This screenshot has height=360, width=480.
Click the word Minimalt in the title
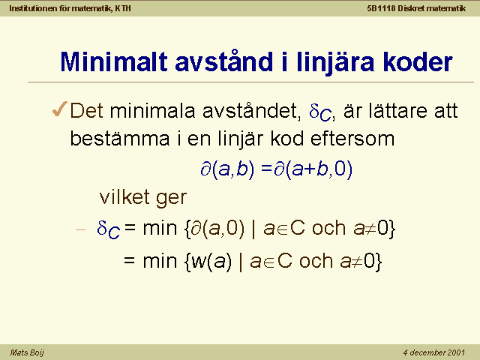[114, 61]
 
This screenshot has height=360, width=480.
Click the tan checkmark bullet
[60, 109]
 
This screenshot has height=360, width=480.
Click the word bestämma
[120, 138]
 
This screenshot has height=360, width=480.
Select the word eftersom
[352, 138]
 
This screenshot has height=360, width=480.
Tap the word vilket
[124, 196]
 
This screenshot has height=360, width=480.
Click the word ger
[172, 198]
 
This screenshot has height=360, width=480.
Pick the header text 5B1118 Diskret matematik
[416, 8]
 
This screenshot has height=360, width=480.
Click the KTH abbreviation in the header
[123, 8]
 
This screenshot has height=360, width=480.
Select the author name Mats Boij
[27, 352]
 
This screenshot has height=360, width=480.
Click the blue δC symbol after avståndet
[320, 112]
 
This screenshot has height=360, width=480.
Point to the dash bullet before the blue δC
[80, 229]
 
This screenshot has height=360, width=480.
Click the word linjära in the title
[335, 62]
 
